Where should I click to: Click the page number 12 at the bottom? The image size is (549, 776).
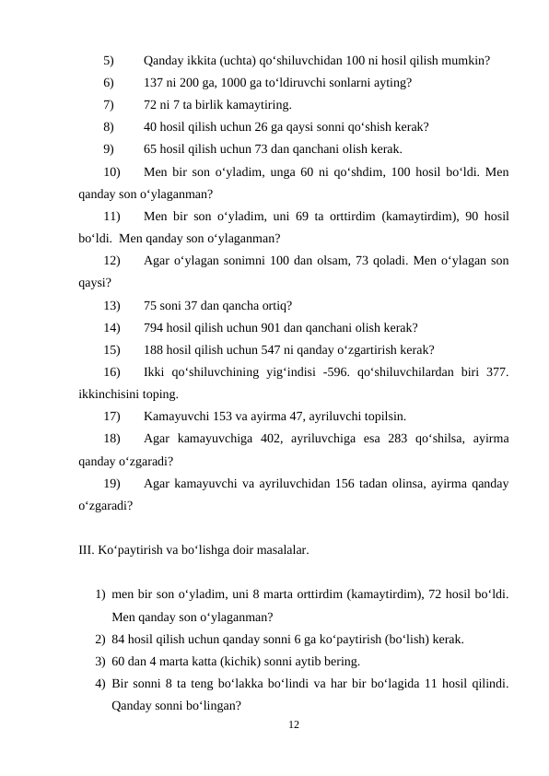(x=293, y=726)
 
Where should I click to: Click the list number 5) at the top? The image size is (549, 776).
(x=109, y=62)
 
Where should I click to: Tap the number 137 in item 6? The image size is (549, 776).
(x=154, y=83)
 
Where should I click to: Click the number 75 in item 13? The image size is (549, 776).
(x=151, y=305)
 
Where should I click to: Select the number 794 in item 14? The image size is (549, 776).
(x=154, y=327)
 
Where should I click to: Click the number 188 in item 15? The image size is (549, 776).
(x=154, y=349)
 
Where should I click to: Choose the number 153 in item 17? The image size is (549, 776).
(x=231, y=416)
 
